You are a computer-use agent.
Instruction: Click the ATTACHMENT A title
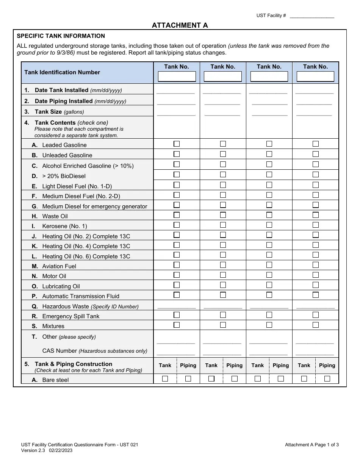pos(180,25)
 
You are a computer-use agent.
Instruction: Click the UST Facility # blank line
pos(311,16)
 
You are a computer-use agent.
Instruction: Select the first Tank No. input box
pos(177,77)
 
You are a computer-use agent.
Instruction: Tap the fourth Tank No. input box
pos(315,77)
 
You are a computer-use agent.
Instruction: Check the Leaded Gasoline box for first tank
pos(177,144)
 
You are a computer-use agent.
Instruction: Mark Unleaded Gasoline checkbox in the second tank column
pos(223,154)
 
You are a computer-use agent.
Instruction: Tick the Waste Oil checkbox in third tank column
pos(269,215)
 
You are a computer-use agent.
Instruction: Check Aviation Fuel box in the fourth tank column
pos(315,265)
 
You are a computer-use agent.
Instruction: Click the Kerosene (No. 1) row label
pos(64,226)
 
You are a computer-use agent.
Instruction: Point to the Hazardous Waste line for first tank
pos(177,307)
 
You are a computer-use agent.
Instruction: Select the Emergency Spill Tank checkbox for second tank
pos(223,315)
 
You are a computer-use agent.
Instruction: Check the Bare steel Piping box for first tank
pos(188,378)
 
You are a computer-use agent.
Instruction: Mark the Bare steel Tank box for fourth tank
pos(304,378)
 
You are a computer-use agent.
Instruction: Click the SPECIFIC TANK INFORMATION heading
pos(61,36)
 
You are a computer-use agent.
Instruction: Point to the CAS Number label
pos(95,351)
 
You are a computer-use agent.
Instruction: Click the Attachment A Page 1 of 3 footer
pos(311,445)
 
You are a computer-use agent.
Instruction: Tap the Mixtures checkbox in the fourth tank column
pos(315,325)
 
